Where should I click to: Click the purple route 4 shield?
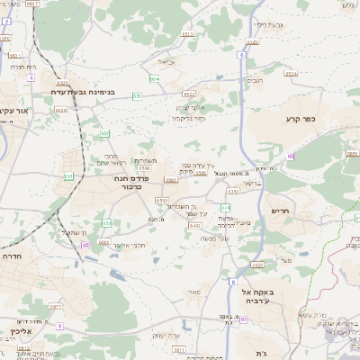click(x=31, y=78)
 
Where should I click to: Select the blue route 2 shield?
click(x=4, y=40)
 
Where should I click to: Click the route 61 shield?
click(x=291, y=156)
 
